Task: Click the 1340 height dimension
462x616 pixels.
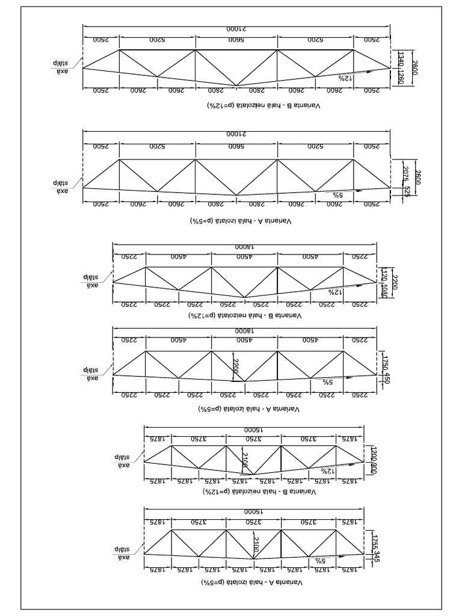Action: (x=401, y=59)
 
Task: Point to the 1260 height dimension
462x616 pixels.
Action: (x=401, y=77)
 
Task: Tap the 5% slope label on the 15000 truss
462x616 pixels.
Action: (x=320, y=560)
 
